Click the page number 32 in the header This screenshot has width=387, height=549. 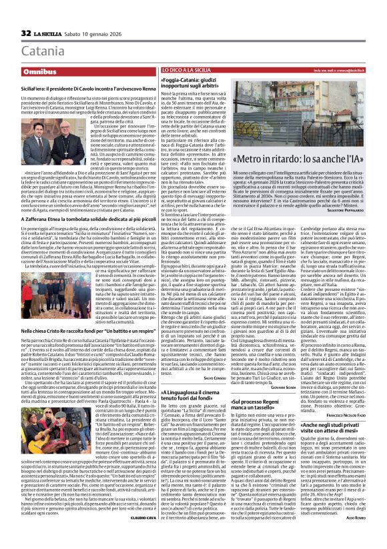tap(26, 33)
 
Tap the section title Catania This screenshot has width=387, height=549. tap(44, 51)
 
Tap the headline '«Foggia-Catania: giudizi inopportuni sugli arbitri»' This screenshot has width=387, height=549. tap(193, 85)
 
